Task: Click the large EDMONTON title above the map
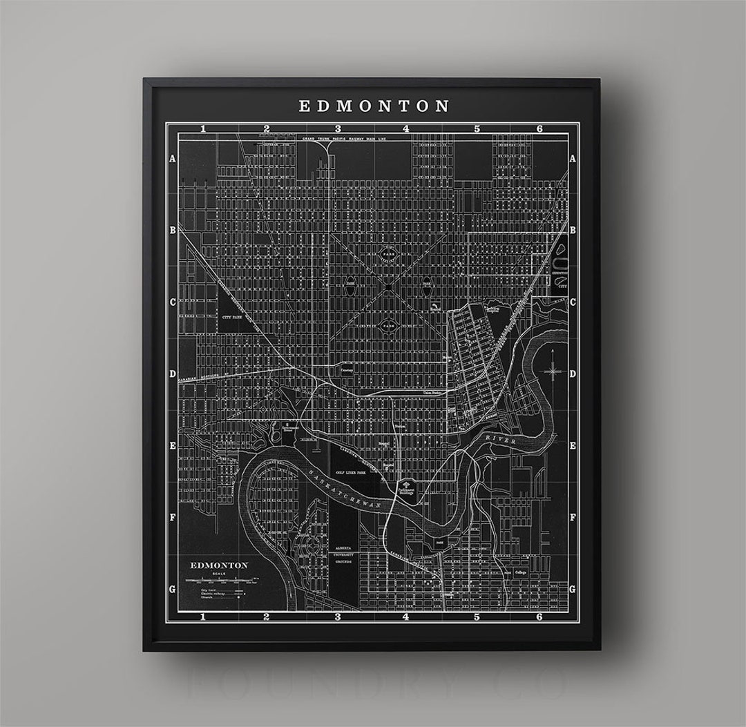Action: (x=374, y=106)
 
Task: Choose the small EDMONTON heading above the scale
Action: (x=219, y=564)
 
